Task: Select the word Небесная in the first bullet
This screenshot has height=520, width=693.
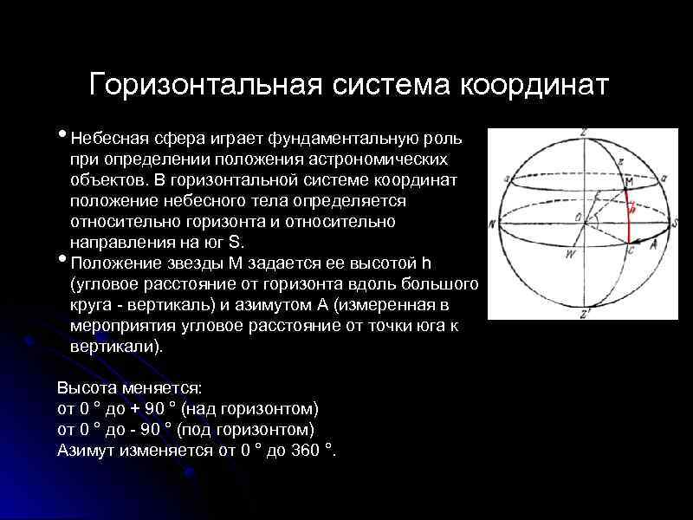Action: coord(110,139)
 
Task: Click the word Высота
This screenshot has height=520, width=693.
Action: coord(83,388)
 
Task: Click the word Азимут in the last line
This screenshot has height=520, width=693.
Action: coord(84,451)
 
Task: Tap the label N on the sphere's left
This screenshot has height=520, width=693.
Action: coord(492,224)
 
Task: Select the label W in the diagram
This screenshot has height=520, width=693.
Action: coord(568,254)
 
